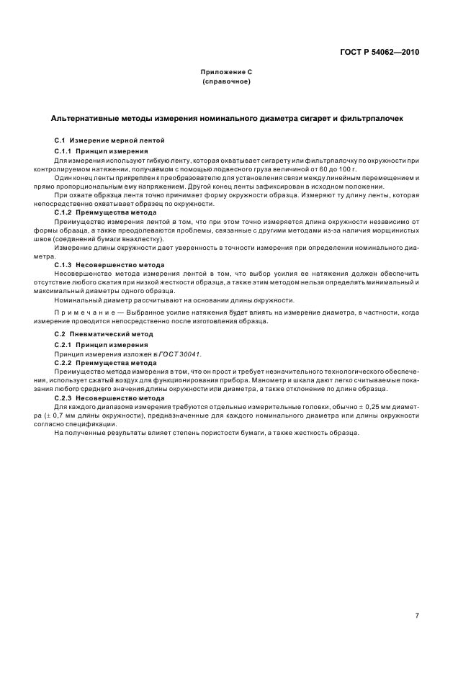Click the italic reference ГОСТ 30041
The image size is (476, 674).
point(181,354)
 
